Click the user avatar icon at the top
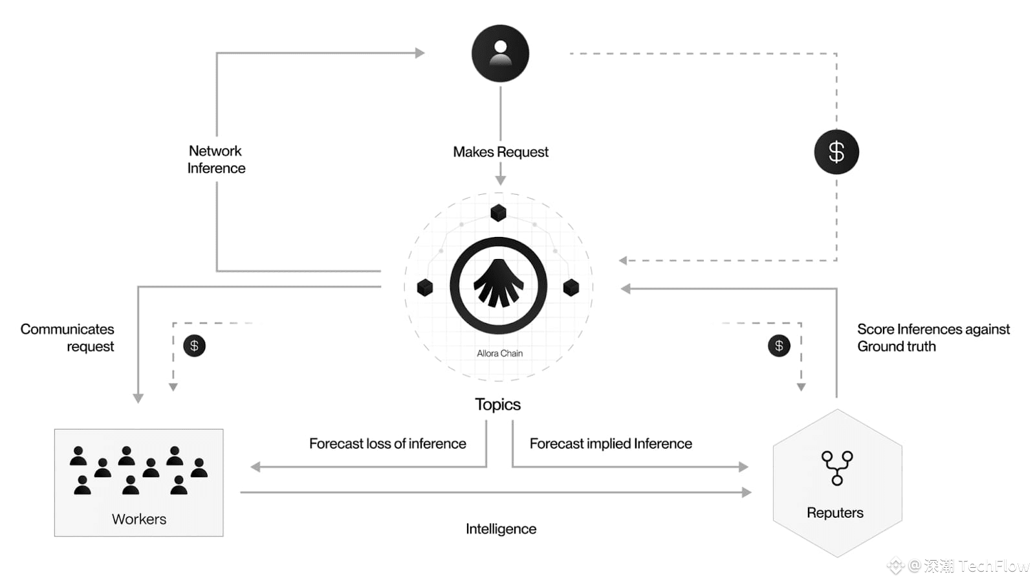pos(500,53)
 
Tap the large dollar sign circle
pos(836,151)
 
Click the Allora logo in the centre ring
pos(499,285)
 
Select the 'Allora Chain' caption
pos(499,353)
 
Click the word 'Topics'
pos(497,405)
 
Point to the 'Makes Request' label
pos(501,151)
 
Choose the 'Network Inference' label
pos(216,159)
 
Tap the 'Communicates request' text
pos(67,337)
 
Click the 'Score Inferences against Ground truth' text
pos(933,337)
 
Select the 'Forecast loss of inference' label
pos(387,443)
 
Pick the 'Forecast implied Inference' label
pos(611,443)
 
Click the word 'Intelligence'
pos(501,529)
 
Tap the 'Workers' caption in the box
pos(138,519)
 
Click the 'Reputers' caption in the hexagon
pos(835,513)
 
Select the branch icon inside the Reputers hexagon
pos(837,468)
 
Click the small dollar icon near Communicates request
pos(194,346)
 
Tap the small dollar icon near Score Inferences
pos(779,346)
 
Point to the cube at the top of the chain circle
pos(498,212)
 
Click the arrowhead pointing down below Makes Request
pos(501,180)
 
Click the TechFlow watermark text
pos(994,565)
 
